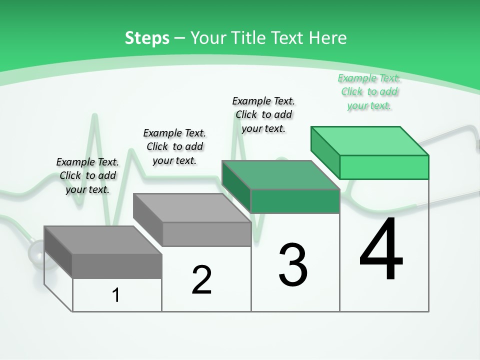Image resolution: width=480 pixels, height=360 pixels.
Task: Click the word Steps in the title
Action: (x=147, y=38)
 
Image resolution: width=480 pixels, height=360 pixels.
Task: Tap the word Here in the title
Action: (x=327, y=38)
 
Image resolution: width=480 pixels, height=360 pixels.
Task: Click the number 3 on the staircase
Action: (x=293, y=265)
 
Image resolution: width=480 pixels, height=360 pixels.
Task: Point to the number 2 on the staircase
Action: (x=201, y=280)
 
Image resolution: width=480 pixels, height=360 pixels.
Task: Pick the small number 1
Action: (x=116, y=295)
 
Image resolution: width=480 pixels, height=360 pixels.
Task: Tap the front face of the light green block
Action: (x=384, y=167)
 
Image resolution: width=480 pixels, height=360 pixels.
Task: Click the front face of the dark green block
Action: (x=295, y=201)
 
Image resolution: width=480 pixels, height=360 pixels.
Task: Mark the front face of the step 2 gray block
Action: (x=206, y=234)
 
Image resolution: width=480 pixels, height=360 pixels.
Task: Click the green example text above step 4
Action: (x=369, y=91)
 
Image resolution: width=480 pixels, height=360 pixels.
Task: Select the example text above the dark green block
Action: (x=263, y=114)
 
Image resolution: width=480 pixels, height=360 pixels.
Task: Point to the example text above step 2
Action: (x=174, y=146)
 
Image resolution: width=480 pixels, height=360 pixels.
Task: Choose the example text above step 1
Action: (x=87, y=175)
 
